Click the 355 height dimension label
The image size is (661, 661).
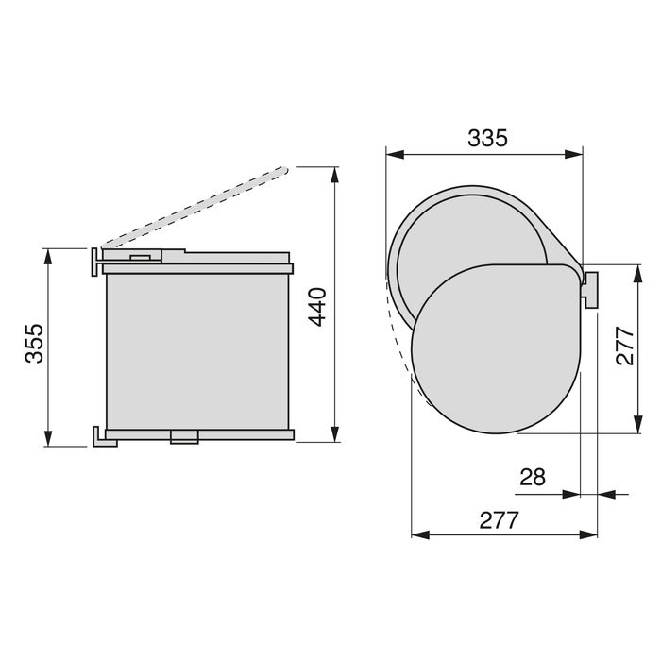pos(34,346)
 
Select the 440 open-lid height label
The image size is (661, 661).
pos(318,306)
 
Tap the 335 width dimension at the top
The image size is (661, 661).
pos(487,138)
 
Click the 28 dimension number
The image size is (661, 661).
pos(534,477)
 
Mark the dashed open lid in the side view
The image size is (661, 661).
pos(194,205)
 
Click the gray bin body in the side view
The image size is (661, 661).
pos(198,349)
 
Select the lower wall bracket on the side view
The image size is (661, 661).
pos(100,436)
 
